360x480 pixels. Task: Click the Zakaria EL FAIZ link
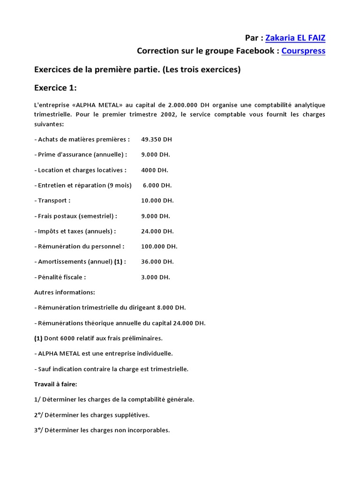[295, 37]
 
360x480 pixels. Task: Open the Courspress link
[303, 51]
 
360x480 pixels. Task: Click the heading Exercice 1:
[55, 87]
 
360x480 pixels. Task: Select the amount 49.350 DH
[157, 139]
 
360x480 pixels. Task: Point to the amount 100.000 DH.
[159, 246]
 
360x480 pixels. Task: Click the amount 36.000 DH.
[157, 262]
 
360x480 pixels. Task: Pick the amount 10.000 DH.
[157, 201]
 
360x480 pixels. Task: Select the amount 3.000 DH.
[155, 277]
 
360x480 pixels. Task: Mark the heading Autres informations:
[64, 292]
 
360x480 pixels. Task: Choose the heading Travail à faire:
[55, 384]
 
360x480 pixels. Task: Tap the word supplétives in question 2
[133, 415]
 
